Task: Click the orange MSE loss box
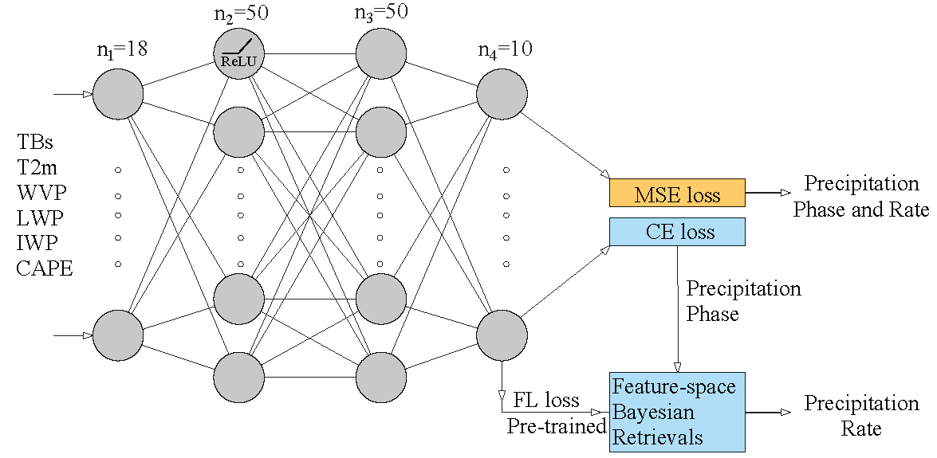pyautogui.click(x=676, y=194)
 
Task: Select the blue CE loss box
pyautogui.click(x=676, y=232)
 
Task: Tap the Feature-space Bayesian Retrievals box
pyautogui.click(x=676, y=413)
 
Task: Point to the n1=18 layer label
pyautogui.click(x=118, y=50)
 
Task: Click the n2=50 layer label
pyautogui.click(x=238, y=14)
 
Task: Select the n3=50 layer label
pyautogui.click(x=381, y=14)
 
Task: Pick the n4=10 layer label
pyautogui.click(x=505, y=50)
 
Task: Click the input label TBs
pyautogui.click(x=36, y=143)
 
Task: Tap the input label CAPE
pyautogui.click(x=45, y=268)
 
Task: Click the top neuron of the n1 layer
pyautogui.click(x=118, y=94)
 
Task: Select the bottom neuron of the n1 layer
pyautogui.click(x=118, y=335)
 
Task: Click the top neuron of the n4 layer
pyautogui.click(x=502, y=94)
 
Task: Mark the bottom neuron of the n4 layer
pyautogui.click(x=502, y=335)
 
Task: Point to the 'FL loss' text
pyautogui.click(x=545, y=399)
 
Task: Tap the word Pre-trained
pyautogui.click(x=557, y=427)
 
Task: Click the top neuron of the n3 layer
pyautogui.click(x=381, y=54)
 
